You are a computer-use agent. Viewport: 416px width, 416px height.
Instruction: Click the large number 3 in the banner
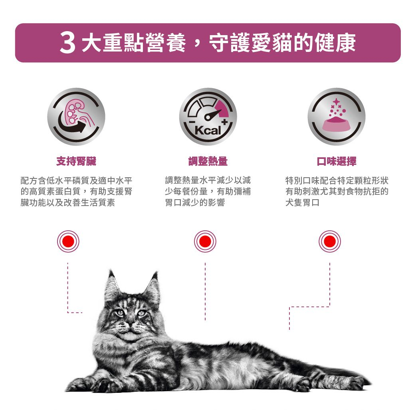point(67,43)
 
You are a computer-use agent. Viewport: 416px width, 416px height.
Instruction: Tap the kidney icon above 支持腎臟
point(76,117)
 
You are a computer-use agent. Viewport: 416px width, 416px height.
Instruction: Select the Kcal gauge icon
point(208,117)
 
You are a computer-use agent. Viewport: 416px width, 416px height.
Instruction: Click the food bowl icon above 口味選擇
point(336,117)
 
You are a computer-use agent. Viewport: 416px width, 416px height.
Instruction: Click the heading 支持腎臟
point(76,161)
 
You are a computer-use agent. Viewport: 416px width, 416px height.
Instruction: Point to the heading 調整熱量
point(208,161)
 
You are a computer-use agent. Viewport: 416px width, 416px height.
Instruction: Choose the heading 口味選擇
point(336,161)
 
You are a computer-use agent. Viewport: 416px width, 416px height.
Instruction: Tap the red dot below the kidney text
point(68,242)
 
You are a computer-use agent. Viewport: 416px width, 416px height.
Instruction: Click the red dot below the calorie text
point(205,242)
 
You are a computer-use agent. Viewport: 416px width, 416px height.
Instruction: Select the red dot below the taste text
point(330,242)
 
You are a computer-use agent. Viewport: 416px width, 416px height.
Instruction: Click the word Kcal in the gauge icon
point(208,131)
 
